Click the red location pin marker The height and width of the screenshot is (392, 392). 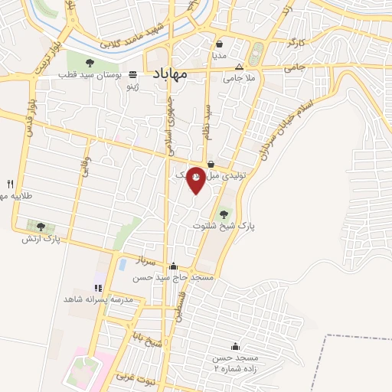click(x=196, y=179)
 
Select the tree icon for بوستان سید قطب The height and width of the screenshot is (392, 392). click(x=90, y=63)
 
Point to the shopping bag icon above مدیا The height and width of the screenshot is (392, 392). click(x=220, y=44)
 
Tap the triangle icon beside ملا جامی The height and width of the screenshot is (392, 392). click(x=239, y=67)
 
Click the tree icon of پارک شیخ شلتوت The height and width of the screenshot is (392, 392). click(x=224, y=214)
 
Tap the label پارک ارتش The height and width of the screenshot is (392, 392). click(x=41, y=239)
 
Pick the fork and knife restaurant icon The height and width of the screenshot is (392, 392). click(x=10, y=184)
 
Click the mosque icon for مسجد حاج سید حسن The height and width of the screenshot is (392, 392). click(x=173, y=266)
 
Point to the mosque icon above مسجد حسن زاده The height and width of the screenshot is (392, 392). click(x=234, y=347)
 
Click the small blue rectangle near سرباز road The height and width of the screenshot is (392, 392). click(x=122, y=265)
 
